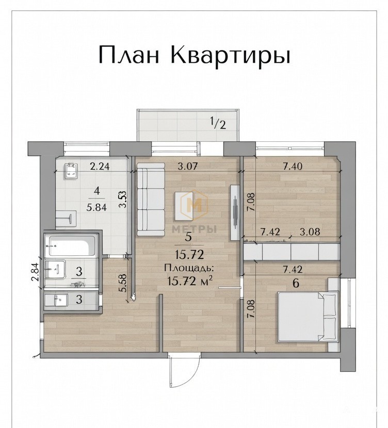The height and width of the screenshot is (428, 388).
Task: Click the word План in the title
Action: [x=128, y=55]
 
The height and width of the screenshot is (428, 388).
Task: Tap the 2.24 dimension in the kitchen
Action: [x=100, y=166]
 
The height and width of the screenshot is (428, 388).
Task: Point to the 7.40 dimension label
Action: [x=293, y=166]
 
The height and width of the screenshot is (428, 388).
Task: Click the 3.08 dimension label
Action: [x=310, y=232]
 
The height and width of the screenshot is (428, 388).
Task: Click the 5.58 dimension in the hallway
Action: [x=124, y=283]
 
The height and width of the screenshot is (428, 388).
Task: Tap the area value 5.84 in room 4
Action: [x=96, y=208]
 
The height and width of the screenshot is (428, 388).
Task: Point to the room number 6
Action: [x=296, y=283]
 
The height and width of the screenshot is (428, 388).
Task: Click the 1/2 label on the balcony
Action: [x=218, y=123]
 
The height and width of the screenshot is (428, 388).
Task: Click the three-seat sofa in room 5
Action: [x=151, y=199]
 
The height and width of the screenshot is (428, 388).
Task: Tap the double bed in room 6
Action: [x=308, y=317]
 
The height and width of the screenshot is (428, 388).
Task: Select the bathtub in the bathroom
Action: [x=72, y=246]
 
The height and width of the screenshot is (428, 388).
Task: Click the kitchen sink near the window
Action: [x=71, y=171]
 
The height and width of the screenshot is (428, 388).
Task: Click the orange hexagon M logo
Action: [x=195, y=205]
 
